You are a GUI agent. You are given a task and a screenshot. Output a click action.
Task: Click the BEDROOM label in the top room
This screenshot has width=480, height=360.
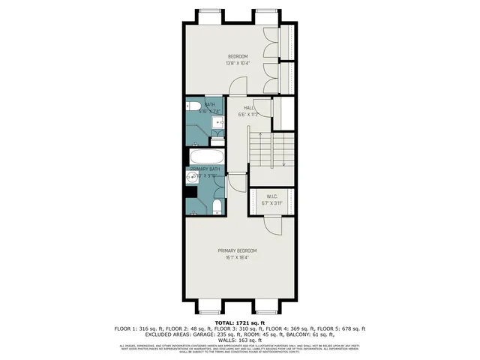(x=238, y=56)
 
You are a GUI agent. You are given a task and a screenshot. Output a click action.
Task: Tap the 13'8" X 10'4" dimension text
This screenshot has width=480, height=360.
(x=238, y=63)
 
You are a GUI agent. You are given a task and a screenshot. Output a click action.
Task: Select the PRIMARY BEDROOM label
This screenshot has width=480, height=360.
(x=238, y=250)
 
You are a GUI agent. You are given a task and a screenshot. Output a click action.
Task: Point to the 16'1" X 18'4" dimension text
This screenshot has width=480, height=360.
(x=238, y=257)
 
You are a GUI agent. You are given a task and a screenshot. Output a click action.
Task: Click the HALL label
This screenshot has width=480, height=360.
(x=248, y=108)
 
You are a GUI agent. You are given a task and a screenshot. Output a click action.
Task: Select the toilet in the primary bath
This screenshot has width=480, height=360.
(x=216, y=205)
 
